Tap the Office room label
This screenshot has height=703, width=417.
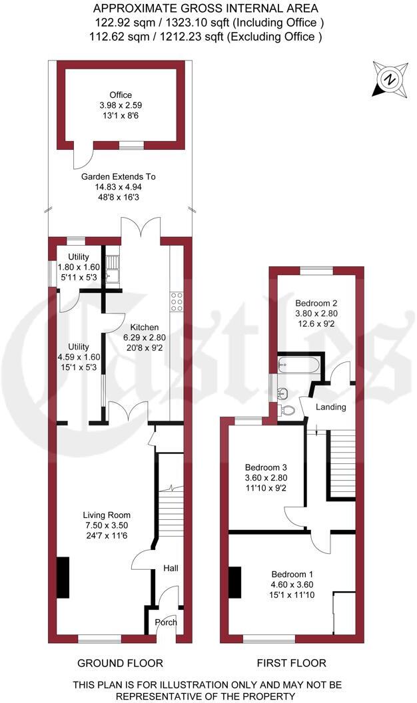pyautogui.click(x=121, y=95)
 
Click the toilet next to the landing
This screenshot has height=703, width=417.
pyautogui.click(x=288, y=410)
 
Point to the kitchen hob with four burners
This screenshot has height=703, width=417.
pyautogui.click(x=178, y=302)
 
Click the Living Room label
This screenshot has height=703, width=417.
pyautogui.click(x=106, y=515)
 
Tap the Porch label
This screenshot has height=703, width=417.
pyautogui.click(x=166, y=623)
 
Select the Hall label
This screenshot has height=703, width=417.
pyautogui.click(x=171, y=569)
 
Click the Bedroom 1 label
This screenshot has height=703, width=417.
pyautogui.click(x=292, y=574)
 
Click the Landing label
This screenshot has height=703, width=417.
pyautogui.click(x=331, y=407)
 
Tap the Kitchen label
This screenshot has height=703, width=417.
pyautogui.click(x=144, y=327)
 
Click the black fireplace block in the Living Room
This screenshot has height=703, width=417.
pyautogui.click(x=63, y=577)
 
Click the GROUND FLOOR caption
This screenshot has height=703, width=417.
pyautogui.click(x=120, y=663)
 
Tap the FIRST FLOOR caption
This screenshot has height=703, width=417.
pyautogui.click(x=292, y=663)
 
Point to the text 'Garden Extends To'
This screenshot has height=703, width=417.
pyautogui.click(x=118, y=177)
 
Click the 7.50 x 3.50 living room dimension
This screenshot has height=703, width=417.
pyautogui.click(x=107, y=525)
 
